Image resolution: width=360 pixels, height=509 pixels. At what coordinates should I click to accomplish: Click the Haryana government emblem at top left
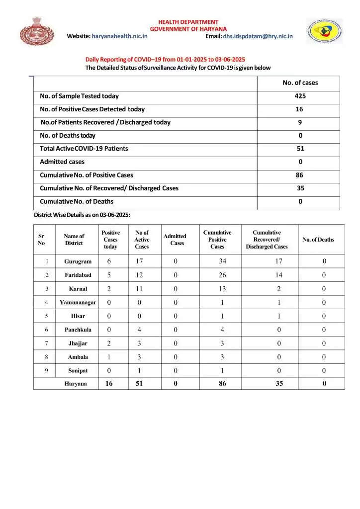(x=33, y=31)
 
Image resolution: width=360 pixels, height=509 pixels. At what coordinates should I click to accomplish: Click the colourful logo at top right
(x=324, y=31)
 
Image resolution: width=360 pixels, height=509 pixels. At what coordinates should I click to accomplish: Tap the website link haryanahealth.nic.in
(x=120, y=36)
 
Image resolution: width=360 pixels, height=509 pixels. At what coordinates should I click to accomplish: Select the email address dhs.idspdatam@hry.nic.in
(x=258, y=36)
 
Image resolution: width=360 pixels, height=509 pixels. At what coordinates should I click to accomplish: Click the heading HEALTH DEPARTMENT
(x=188, y=22)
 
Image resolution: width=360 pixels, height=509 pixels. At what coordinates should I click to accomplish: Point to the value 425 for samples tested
(x=300, y=96)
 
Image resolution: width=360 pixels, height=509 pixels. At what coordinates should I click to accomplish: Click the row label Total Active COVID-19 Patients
(x=84, y=149)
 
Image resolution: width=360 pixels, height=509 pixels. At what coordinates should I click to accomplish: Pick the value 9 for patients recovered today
(x=300, y=122)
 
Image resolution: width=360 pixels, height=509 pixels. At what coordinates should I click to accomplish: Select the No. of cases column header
(x=300, y=83)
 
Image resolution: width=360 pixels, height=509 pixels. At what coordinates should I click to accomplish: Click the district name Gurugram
(x=78, y=261)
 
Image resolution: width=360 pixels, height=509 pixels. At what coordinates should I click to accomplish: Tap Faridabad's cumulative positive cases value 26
(x=222, y=275)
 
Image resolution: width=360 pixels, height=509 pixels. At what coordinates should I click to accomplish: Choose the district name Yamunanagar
(x=78, y=302)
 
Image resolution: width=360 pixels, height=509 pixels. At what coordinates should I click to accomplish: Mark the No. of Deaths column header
(x=318, y=240)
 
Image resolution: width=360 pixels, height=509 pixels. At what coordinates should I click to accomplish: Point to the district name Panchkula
(x=78, y=330)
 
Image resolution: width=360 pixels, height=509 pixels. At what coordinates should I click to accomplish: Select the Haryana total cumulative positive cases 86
(x=222, y=384)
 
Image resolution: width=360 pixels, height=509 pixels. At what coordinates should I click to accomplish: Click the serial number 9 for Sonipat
(x=47, y=371)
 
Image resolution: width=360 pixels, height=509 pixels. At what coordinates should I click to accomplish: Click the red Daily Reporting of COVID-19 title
(x=165, y=59)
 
